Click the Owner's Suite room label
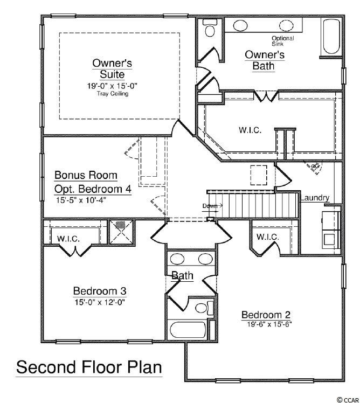[112, 68]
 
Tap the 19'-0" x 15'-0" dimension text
[112, 86]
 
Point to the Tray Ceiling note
[113, 94]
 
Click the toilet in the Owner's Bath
[210, 27]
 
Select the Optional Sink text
[282, 41]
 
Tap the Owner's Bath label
[265, 60]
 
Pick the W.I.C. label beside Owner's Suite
[250, 130]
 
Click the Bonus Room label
[86, 175]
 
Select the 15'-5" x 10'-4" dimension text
[81, 200]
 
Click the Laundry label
[315, 198]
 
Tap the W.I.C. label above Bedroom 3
[68, 239]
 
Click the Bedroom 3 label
[100, 291]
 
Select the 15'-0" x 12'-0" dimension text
[100, 302]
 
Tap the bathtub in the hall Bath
[189, 330]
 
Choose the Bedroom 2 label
[266, 315]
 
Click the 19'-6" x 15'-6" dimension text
[269, 324]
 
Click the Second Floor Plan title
[89, 367]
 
